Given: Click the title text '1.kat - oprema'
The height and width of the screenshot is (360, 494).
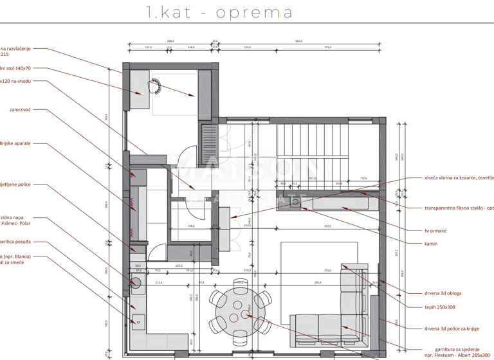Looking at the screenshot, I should coord(219,12).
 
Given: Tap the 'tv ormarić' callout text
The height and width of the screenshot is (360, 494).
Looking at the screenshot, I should coord(435,231).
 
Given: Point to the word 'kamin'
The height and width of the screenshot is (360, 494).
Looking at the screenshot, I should coord(431,244).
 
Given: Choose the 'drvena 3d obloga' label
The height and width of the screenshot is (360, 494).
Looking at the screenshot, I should coord(443,293).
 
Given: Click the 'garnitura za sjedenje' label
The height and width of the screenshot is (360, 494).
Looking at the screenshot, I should coord(452,348).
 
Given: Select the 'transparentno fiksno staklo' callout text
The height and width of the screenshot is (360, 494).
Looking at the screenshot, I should coord(459,208).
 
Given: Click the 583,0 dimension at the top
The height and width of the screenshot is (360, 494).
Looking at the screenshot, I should coord(298,41).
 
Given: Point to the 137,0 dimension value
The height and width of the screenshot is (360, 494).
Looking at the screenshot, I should coord(148,48).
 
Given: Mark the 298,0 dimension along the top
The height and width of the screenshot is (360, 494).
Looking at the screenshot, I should coord(170,41).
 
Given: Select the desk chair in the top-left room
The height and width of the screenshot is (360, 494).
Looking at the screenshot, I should coord(156,87).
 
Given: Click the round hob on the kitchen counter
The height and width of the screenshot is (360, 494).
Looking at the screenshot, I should coord(136,283).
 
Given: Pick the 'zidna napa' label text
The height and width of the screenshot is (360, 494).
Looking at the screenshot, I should coord(14,217).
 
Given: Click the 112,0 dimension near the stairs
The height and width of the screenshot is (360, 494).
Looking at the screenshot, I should coord(363,179).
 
